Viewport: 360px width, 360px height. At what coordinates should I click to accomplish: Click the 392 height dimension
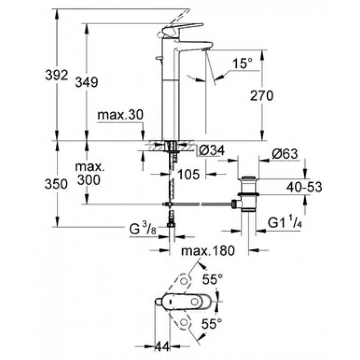pos(57,75)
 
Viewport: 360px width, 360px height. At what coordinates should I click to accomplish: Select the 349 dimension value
pos(86,82)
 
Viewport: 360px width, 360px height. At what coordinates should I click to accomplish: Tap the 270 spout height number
pos(262,95)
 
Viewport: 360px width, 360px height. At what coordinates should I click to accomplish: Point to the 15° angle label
pos(243,63)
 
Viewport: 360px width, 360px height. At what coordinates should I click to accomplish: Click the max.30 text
pos(120,115)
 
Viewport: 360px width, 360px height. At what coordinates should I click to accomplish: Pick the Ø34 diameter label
pos(211,151)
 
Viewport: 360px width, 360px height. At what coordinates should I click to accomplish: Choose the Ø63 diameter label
pos(285,153)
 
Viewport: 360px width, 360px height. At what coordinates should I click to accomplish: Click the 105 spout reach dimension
pos(189,175)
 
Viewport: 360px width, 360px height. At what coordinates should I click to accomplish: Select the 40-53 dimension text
pos(304,187)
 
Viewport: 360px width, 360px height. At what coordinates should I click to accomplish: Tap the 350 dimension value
pos(56,184)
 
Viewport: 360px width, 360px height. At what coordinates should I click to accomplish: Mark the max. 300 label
pos(90,174)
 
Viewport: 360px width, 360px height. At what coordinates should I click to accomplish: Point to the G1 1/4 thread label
pos(284,222)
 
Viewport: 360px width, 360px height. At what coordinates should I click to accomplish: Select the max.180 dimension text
pos(208,251)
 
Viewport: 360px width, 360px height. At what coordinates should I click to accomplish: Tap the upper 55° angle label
pos(212,279)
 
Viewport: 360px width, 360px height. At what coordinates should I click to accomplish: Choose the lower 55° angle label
pos(211,324)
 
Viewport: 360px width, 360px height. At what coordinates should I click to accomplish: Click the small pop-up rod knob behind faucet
pos(158,58)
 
